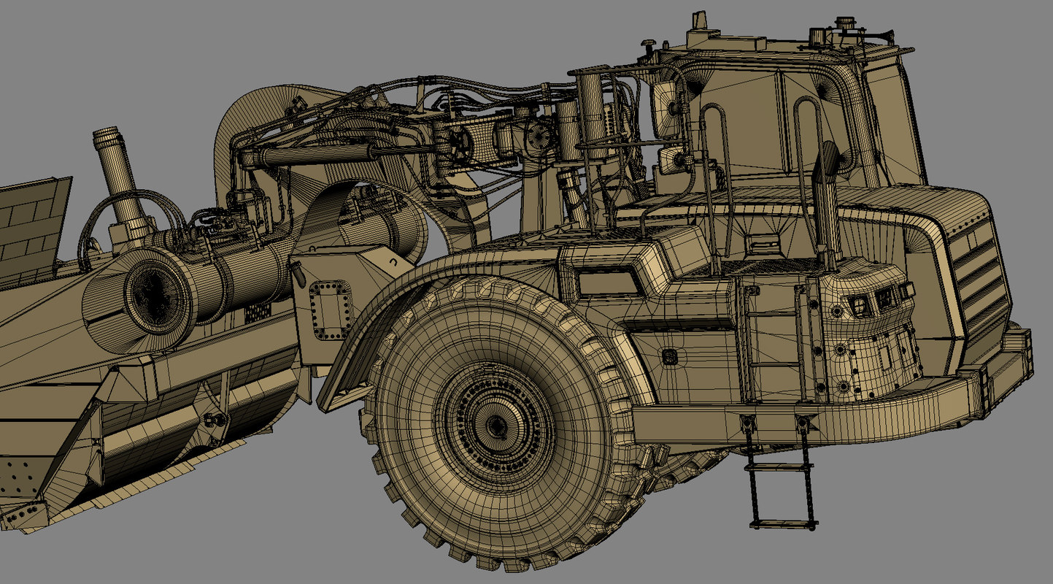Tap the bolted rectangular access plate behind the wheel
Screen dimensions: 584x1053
tap(331, 310)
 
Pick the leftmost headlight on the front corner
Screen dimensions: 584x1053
tap(860, 305)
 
